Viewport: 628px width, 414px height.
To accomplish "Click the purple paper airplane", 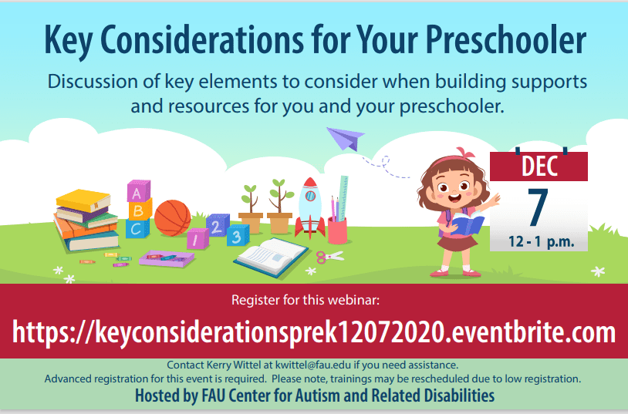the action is (345, 139).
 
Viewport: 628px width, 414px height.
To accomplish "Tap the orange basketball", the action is (173, 218).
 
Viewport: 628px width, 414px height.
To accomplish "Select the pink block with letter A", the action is (139, 191).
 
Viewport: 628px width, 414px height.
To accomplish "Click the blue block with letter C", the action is (137, 228).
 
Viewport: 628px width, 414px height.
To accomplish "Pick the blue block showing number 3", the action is (238, 235).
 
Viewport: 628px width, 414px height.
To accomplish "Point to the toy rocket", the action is (310, 207).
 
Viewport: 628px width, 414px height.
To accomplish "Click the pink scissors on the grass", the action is (329, 256).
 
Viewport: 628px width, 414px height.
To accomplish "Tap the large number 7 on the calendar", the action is (538, 207).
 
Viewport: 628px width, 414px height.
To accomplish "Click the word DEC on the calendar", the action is (539, 166).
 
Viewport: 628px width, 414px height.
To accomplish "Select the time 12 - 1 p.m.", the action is (541, 242).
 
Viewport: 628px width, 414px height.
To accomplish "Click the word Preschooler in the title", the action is (506, 40).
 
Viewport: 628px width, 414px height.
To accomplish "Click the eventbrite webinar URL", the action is (313, 332).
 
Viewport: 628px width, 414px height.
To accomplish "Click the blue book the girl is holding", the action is (467, 223).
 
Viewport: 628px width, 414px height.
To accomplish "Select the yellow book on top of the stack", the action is (83, 200).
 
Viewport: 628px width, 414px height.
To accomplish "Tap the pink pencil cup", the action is (337, 231).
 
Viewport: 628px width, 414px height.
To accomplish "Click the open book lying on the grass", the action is (271, 257).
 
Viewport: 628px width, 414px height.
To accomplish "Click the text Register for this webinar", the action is (306, 300).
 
